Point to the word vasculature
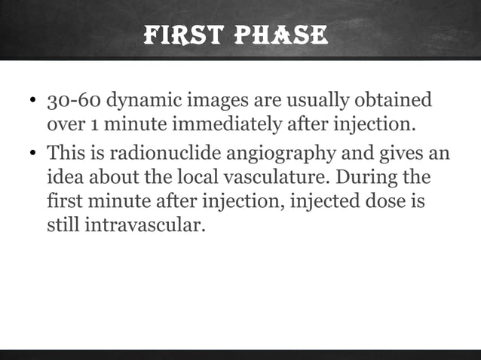click(266, 179)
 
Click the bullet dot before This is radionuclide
click(33, 155)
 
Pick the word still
click(62, 224)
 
